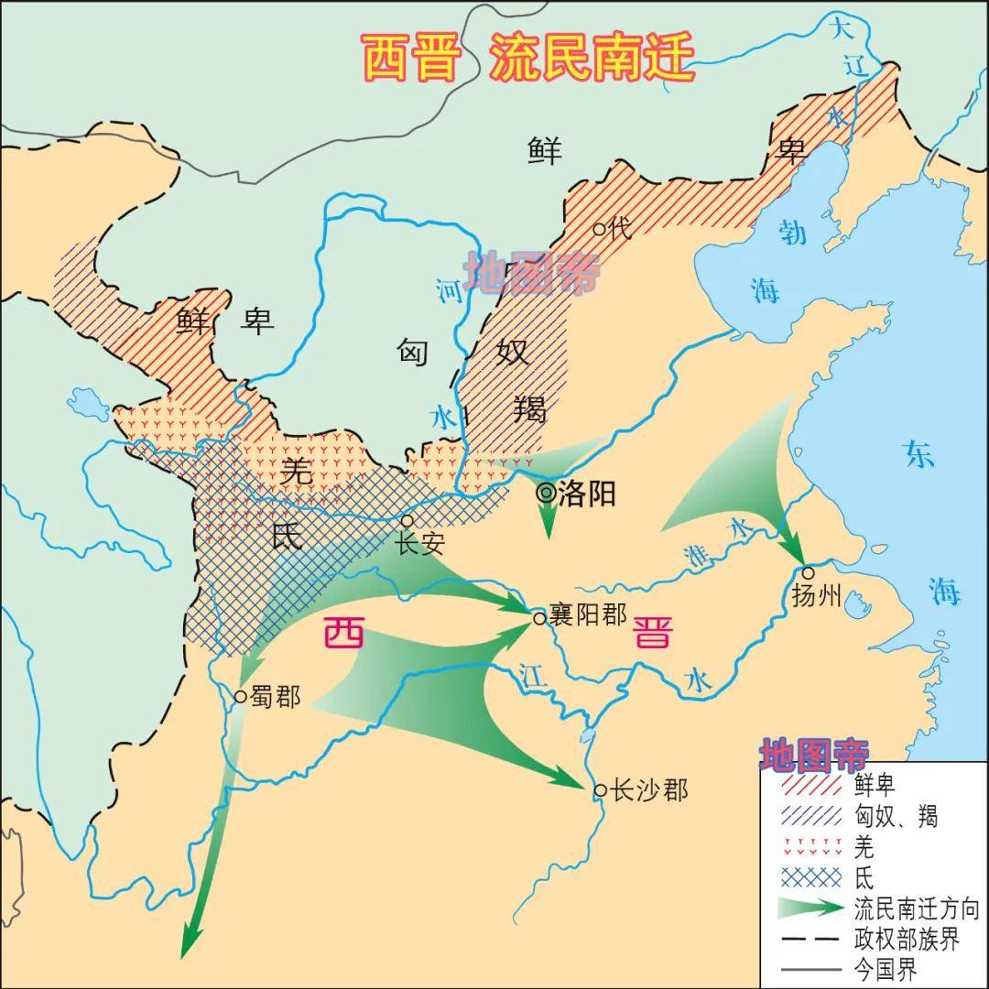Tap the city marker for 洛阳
[x=547, y=494]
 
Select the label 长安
[x=419, y=544]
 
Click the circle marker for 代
[x=598, y=229]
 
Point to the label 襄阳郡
[x=588, y=614]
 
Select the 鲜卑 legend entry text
[x=874, y=785]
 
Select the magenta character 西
[x=343, y=633]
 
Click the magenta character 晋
[x=652, y=632]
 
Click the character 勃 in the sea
[x=792, y=232]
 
